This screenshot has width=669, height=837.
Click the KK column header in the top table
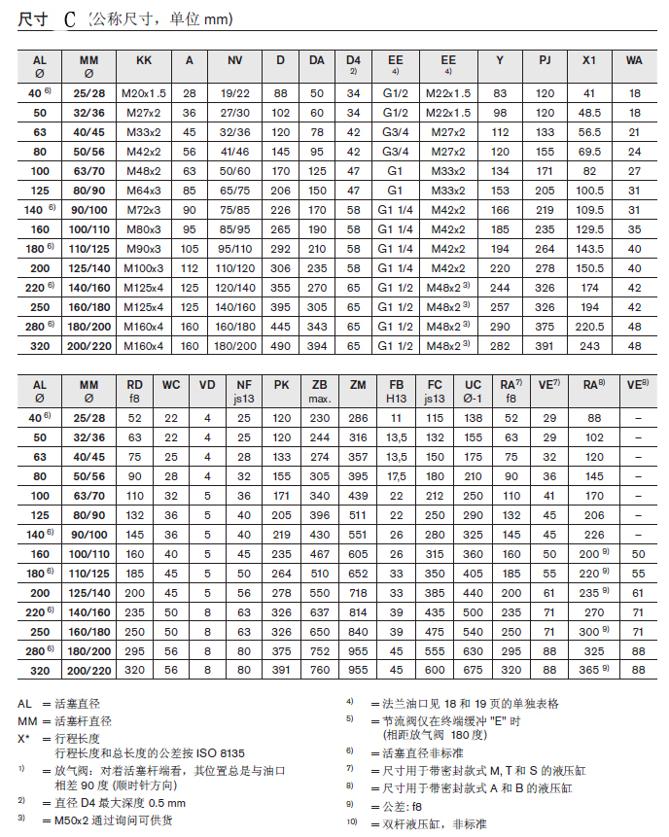[x=144, y=60]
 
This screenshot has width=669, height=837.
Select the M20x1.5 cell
[x=144, y=92]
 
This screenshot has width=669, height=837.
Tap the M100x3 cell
[x=144, y=266]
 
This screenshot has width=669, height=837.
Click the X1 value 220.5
[x=588, y=327]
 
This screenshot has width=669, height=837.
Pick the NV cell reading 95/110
[x=235, y=249]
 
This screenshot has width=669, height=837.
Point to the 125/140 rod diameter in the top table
[x=88, y=266]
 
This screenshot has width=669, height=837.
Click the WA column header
[x=634, y=60]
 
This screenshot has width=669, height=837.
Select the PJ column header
[x=546, y=60]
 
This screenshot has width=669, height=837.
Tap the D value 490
[x=280, y=344]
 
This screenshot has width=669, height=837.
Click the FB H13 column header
[x=397, y=391]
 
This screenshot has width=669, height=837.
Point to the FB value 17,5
[x=397, y=477]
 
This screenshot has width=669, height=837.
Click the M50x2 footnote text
[x=98, y=820]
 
